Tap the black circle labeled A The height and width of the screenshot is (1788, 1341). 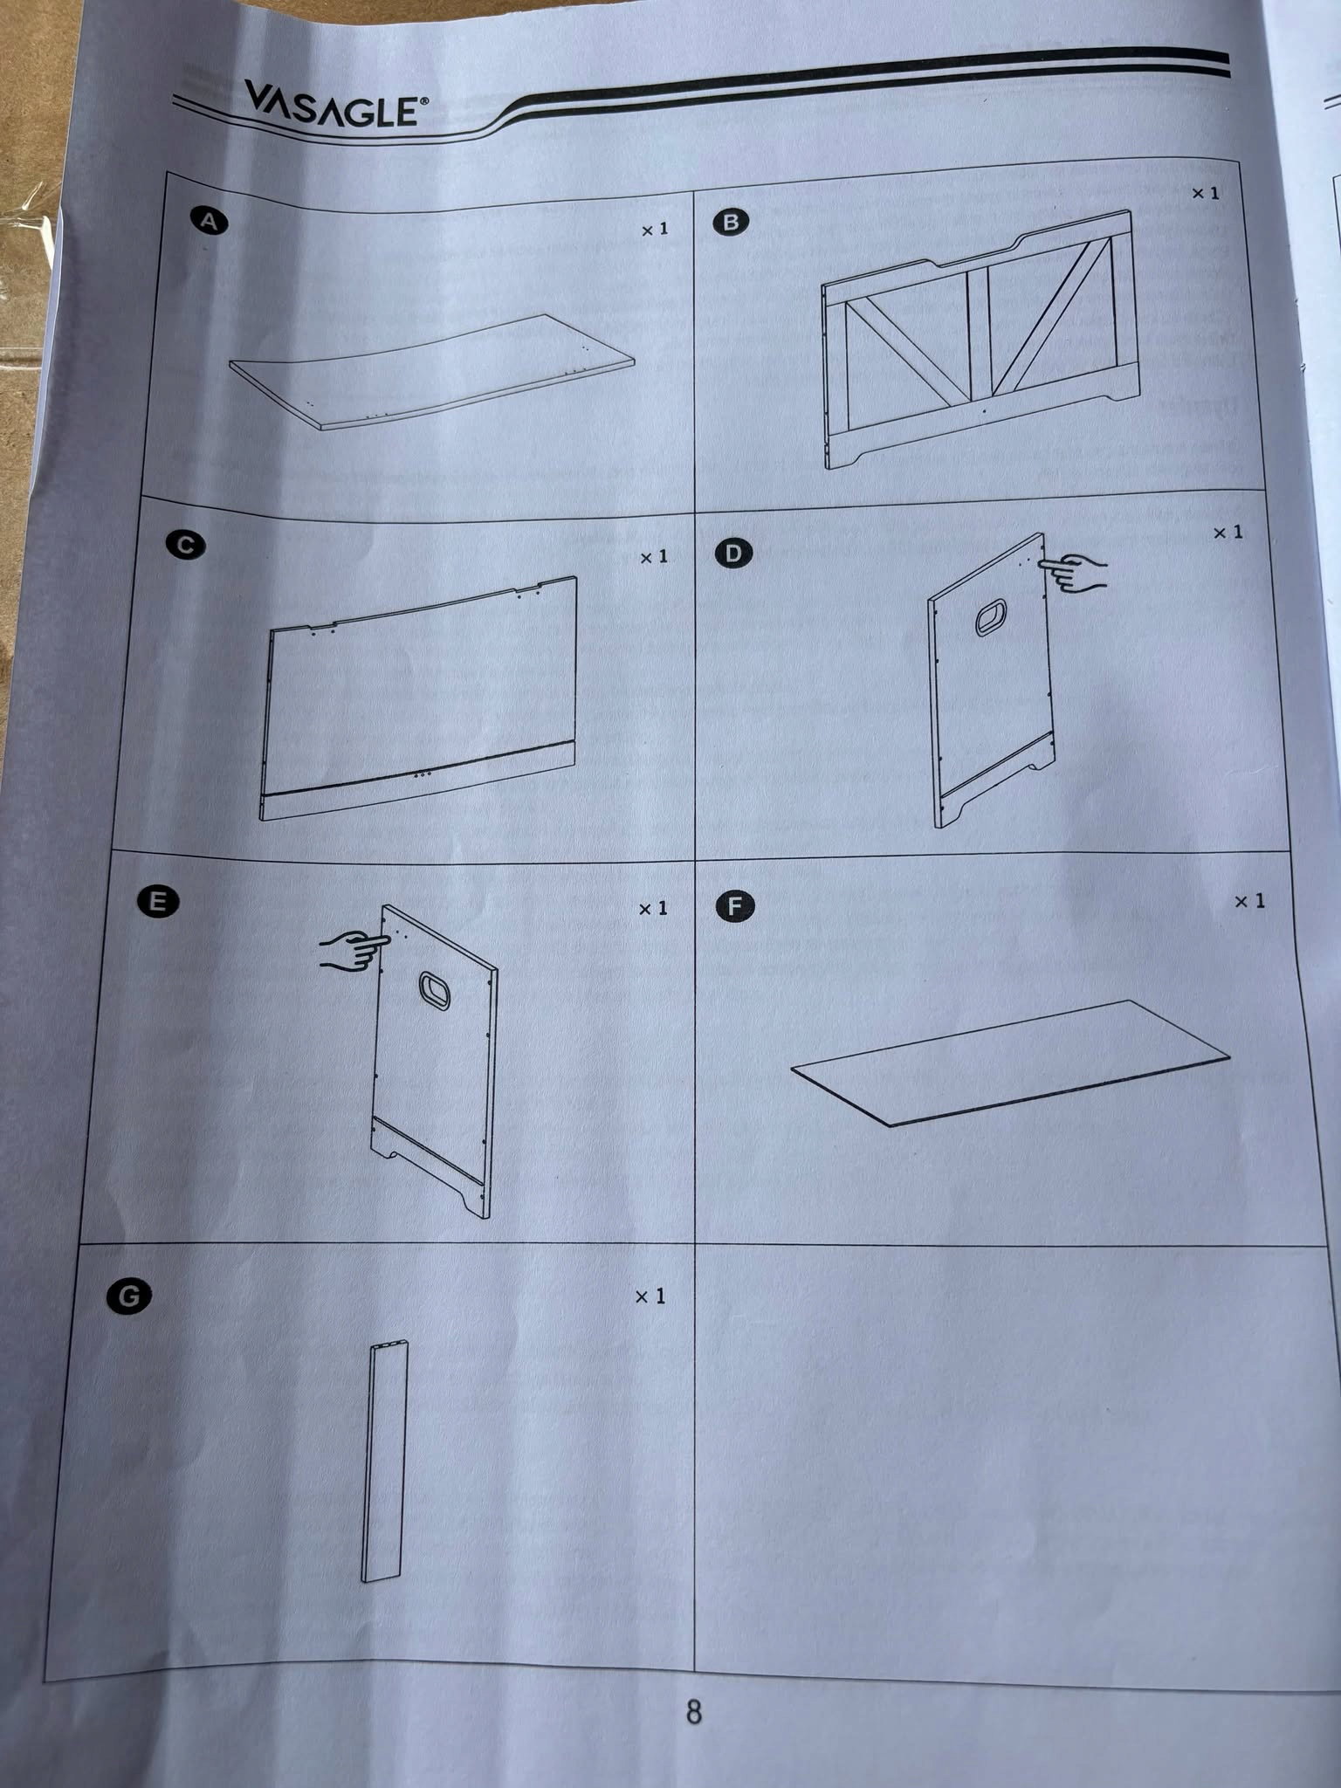coord(210,222)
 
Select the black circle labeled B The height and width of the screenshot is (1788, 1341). coord(731,222)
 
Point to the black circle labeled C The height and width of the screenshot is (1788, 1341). coord(185,546)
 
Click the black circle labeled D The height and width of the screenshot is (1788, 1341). coord(733,554)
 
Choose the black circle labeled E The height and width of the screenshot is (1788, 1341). coord(158,902)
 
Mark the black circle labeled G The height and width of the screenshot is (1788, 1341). coord(128,1296)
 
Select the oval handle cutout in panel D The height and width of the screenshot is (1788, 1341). coord(992,617)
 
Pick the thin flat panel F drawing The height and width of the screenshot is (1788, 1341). coord(1010,1062)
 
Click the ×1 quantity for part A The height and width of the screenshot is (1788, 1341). coord(655,230)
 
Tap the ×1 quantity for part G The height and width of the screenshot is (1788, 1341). coord(650,1296)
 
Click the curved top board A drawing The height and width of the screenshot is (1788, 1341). coord(432,372)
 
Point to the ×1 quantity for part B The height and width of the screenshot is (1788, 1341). coord(1207,193)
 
